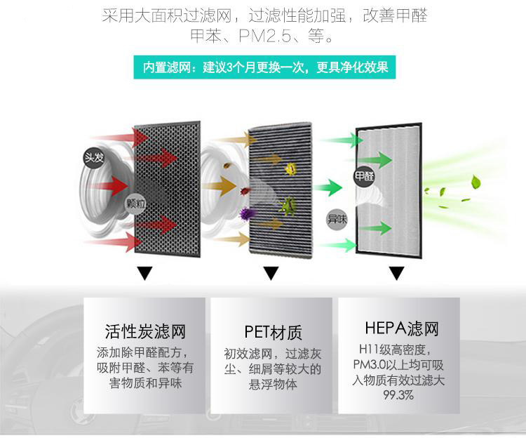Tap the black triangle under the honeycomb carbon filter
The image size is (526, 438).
145,273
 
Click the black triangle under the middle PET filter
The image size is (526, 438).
270,273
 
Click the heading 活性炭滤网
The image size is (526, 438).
144,331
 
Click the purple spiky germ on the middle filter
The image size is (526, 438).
247,213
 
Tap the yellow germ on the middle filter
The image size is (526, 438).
289,168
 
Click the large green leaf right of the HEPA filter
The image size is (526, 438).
476,183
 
